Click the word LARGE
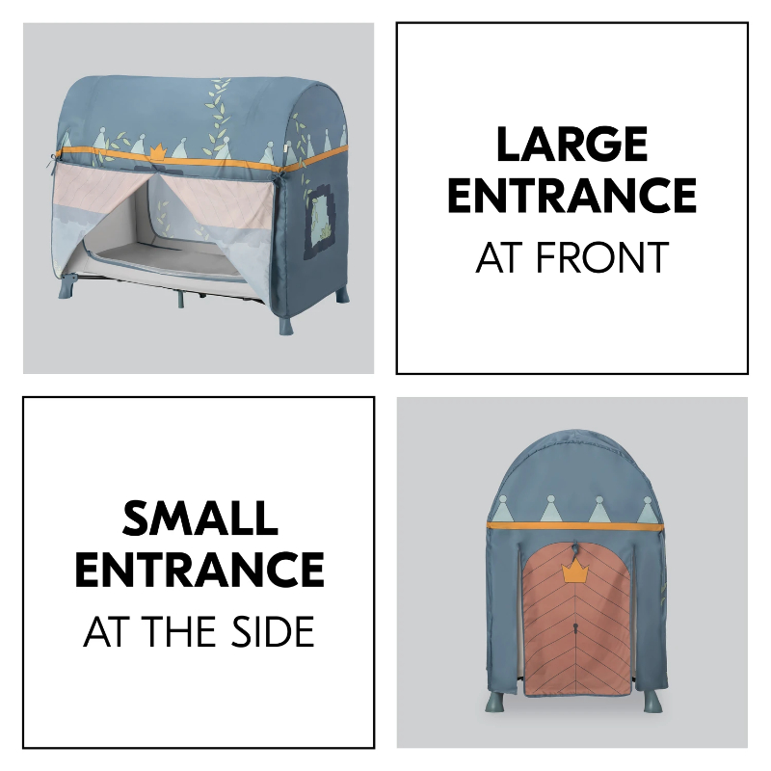(572, 144)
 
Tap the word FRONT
(602, 257)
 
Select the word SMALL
(200, 518)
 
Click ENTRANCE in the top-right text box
(572, 196)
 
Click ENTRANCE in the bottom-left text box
(199, 570)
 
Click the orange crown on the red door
(575, 572)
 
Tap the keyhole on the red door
(575, 628)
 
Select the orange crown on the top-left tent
(157, 152)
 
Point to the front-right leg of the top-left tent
(285, 324)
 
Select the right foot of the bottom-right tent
(653, 701)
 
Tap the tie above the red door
(575, 549)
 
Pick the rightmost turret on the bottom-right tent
(647, 510)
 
